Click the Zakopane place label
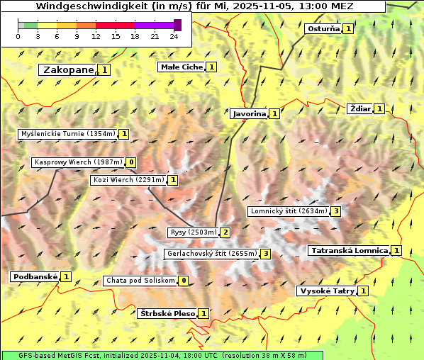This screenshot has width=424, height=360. coord(68,69)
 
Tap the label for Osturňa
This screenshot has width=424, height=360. coord(323,29)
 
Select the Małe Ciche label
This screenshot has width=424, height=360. coord(182,67)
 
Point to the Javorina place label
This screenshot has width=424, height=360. coord(249,113)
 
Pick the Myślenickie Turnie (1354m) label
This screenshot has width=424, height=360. coord(67,134)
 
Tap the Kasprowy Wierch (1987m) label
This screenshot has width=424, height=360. coord(78,162)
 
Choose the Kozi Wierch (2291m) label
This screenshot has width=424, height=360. coord(128,180)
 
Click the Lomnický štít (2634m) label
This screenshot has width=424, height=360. coord(289,211)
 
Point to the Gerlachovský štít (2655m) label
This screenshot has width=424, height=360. coord(211,254)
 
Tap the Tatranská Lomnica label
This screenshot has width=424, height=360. coord(349,250)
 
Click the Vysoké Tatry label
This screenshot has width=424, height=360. coord(327,291)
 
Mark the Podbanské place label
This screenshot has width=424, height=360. coord(35,276)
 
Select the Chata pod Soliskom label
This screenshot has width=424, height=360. coord(140,281)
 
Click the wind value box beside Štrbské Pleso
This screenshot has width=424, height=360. coord(203,313)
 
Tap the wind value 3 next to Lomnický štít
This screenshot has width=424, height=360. coord(336,211)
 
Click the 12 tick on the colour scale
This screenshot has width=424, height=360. coord(96,36)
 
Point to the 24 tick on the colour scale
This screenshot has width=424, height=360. coord(174,36)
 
